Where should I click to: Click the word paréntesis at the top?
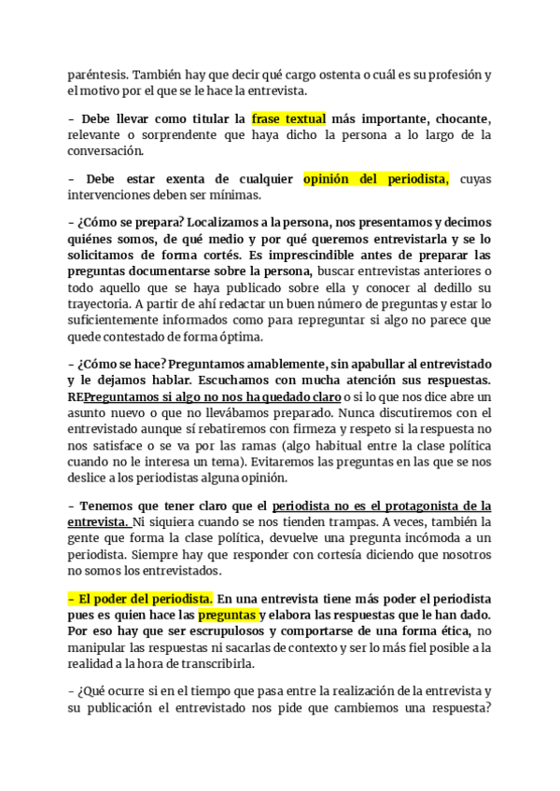coord(97,74)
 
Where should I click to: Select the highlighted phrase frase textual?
coord(288,119)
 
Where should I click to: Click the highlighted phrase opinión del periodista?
coord(376,179)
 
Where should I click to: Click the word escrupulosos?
coord(206,631)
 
